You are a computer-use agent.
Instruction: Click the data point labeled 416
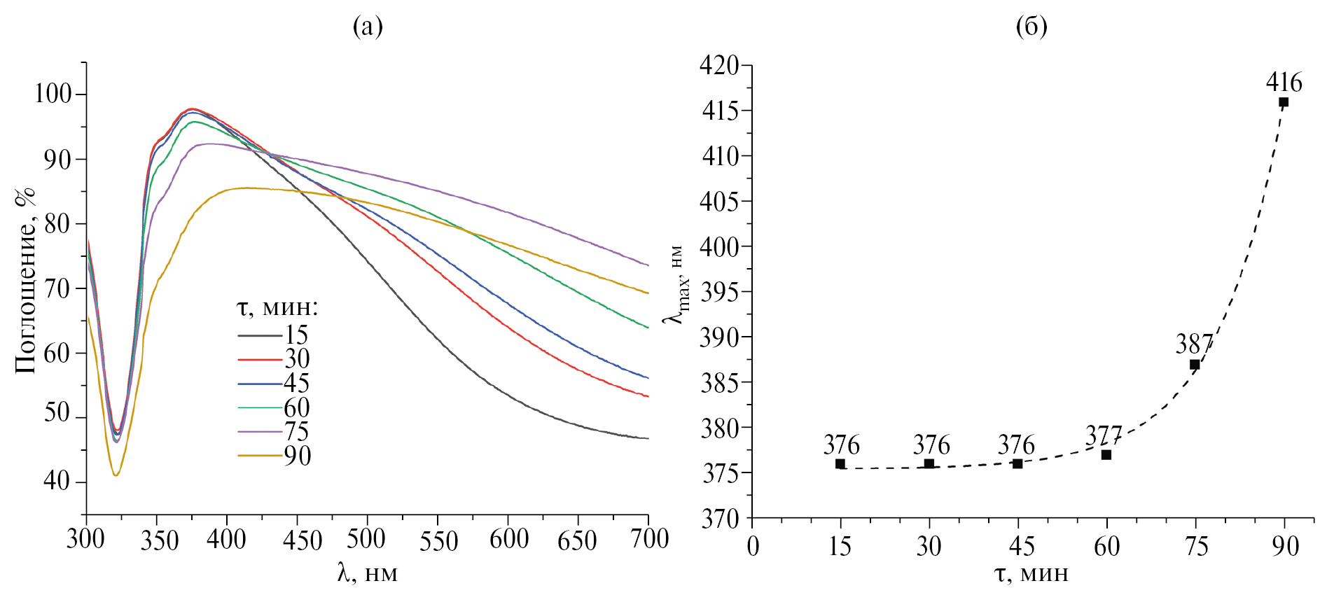(x=1284, y=102)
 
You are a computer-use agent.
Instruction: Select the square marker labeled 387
(x=1195, y=365)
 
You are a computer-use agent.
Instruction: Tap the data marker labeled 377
(x=1106, y=455)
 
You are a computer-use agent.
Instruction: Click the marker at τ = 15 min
(x=840, y=464)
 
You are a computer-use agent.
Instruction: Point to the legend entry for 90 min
(x=275, y=456)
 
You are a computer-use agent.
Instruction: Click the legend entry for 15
(x=275, y=335)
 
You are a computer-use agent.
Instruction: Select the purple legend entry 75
(x=275, y=432)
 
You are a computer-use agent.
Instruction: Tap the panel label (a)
(x=368, y=27)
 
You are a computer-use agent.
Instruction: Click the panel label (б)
(x=1031, y=27)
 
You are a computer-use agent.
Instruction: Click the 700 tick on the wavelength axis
(x=648, y=539)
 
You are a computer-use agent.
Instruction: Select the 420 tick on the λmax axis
(x=719, y=66)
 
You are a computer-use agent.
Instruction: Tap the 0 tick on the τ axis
(x=753, y=546)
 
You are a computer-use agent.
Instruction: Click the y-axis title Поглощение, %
(x=25, y=280)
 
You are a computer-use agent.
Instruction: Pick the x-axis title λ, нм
(x=367, y=573)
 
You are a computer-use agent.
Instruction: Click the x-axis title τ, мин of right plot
(x=1031, y=573)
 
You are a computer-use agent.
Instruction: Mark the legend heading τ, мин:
(x=277, y=308)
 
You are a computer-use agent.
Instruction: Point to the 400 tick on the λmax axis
(x=719, y=246)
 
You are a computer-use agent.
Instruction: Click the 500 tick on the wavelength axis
(x=367, y=539)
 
